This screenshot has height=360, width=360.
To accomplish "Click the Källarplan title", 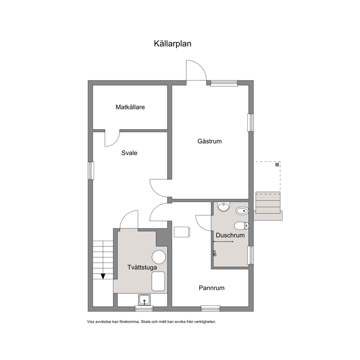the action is pos(172,44).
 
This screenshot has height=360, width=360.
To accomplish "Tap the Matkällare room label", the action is pos(130,107).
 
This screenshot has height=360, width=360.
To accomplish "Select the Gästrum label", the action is pos(210,141).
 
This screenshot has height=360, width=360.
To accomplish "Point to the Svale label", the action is pos(129,153).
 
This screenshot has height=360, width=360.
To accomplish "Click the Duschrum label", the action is pos(230,235).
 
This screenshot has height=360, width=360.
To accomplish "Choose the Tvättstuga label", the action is pos(142,267).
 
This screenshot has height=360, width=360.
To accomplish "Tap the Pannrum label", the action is pos(212,288).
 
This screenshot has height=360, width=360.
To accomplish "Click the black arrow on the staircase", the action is pos(103,276).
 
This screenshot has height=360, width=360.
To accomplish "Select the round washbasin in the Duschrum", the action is pos(224,206).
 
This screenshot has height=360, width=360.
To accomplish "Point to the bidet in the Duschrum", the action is pos(242,210).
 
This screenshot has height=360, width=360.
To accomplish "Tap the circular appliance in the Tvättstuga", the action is pos(159,257).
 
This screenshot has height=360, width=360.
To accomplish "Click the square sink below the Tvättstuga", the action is pos(144,300).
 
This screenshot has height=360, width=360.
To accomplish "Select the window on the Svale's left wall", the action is pos(91,171).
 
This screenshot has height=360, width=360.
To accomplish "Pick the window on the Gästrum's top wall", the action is pos(224,83).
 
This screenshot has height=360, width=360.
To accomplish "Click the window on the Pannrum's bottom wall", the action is pos(210,308).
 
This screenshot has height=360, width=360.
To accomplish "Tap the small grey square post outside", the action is pos(277,165).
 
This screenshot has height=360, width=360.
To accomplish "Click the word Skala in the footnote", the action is pos(145,322).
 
